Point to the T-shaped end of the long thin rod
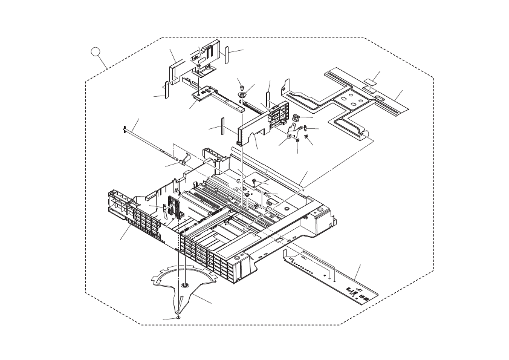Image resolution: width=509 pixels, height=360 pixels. point(123,128)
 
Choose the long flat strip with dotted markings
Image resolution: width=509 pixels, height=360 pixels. point(332,272)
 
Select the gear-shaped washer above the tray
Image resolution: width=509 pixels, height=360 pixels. point(242,96)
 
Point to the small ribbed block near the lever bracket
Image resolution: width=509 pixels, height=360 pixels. point(296,117)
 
